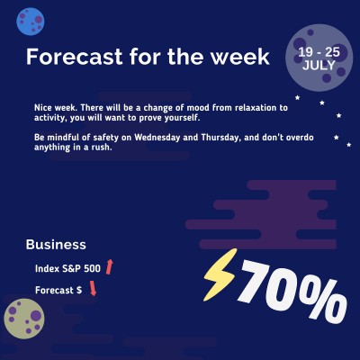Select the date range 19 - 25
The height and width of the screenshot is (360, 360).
(x=320, y=53)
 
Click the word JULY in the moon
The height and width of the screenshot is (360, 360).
(x=320, y=66)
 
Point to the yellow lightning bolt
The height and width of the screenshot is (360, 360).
(x=220, y=274)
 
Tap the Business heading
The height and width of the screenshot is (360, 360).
(x=56, y=244)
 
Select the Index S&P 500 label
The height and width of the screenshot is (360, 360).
(x=67, y=268)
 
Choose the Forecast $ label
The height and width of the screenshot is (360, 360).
(x=58, y=290)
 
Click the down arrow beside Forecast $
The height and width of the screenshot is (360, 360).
(x=92, y=289)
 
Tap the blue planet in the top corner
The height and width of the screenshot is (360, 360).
(x=30, y=20)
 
